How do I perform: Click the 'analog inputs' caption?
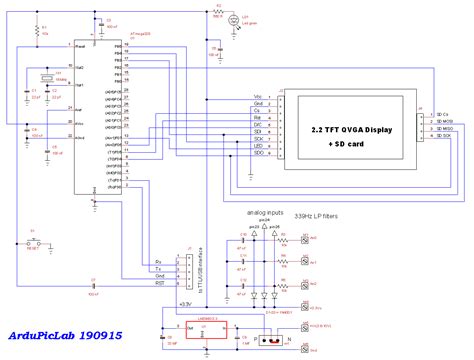[x=262, y=213]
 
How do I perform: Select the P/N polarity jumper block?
[x=271, y=337]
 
